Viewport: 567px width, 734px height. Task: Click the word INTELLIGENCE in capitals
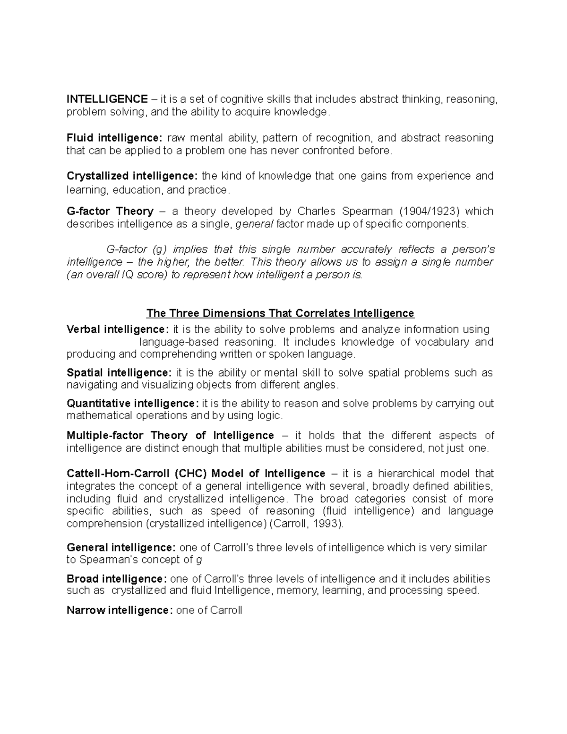click(x=107, y=99)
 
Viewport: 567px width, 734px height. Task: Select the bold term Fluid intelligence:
click(x=114, y=138)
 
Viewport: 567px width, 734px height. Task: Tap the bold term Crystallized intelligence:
click(x=132, y=176)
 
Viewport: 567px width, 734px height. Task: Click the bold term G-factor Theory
click(x=110, y=211)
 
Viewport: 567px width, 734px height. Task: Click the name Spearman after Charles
click(x=373, y=211)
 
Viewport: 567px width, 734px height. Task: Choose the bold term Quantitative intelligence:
click(x=133, y=404)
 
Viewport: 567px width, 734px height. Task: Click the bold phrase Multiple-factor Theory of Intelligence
click(x=170, y=435)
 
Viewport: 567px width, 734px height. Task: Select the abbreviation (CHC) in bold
click(x=190, y=474)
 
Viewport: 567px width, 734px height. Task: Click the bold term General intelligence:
click(x=121, y=548)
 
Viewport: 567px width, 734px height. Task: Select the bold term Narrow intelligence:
click(x=120, y=611)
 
